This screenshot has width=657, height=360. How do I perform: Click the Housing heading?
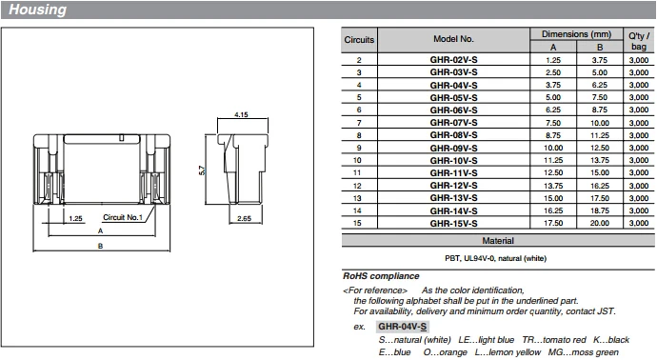coord(38,10)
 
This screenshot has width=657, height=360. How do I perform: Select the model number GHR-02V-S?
coord(453,59)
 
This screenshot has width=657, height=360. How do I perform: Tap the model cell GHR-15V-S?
coord(453,223)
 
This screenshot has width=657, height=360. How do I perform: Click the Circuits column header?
coord(359,40)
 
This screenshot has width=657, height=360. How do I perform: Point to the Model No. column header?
coord(453,40)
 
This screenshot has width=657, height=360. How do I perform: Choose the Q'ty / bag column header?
coord(637,40)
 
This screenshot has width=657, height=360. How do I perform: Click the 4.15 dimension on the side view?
coord(241,114)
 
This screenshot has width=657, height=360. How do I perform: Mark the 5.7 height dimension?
coord(203,170)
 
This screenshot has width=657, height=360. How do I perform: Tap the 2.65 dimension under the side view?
coord(245,219)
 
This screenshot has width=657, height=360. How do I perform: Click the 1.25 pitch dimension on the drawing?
coord(76,218)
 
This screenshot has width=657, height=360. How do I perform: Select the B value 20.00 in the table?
coord(600,223)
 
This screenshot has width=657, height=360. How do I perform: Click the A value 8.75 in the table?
coord(554,134)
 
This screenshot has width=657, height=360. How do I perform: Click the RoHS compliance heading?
coord(381,276)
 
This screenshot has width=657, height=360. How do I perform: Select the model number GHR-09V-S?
coord(453,147)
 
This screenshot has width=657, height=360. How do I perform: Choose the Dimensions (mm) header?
coord(576,33)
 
